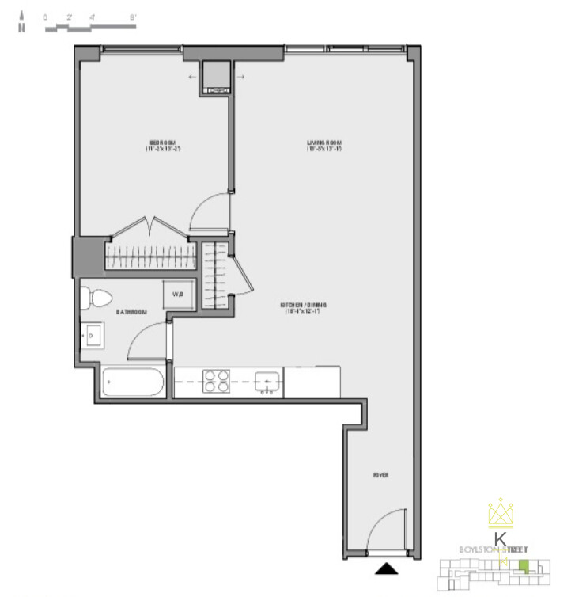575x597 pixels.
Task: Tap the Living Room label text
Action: [x=323, y=146]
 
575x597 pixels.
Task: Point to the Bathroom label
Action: [x=132, y=313]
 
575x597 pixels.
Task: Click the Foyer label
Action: [x=382, y=475]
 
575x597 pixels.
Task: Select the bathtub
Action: [x=133, y=383]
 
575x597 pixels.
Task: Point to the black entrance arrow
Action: [x=385, y=568]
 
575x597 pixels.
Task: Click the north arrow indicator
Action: [x=22, y=23]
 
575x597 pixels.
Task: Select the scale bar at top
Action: [x=89, y=25]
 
